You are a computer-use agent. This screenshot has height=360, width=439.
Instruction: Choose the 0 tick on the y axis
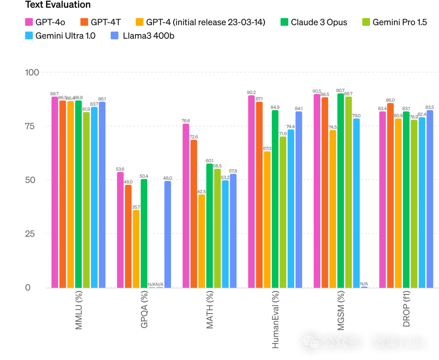point(28,288)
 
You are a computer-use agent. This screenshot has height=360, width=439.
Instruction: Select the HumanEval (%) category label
point(275,320)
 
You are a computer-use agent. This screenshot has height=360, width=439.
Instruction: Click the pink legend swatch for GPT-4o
point(29,22)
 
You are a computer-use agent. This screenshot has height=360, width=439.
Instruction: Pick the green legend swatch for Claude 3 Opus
point(284,22)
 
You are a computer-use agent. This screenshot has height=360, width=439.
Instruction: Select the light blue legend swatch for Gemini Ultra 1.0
point(29,36)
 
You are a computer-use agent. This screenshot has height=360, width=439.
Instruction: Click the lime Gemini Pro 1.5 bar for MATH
point(217,228)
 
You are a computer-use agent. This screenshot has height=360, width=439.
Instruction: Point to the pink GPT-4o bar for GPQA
point(120,229)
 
